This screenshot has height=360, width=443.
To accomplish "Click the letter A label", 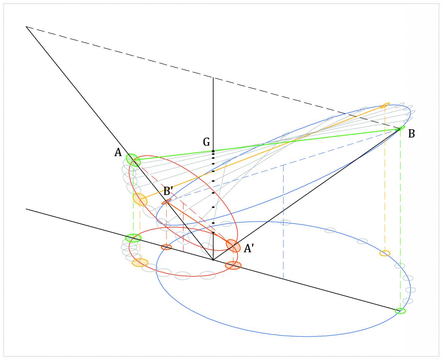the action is [118, 152].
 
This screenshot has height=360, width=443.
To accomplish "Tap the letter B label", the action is [411, 134].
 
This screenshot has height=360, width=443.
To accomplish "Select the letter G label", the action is [206, 142].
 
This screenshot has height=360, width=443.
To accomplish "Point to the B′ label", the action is [168, 192].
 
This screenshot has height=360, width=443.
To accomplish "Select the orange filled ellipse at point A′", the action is [233, 246].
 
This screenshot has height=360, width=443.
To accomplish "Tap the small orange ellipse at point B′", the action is [166, 202].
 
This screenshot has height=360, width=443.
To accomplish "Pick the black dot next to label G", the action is [213, 151].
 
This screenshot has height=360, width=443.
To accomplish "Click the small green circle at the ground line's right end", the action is [400, 311].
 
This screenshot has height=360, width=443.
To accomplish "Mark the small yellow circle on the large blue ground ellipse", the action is [385, 253].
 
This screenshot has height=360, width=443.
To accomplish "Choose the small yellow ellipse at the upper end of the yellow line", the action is [385, 105].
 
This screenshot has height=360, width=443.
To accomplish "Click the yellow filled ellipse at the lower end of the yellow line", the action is [140, 199].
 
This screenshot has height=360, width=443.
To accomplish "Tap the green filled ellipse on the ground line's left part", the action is [133, 238].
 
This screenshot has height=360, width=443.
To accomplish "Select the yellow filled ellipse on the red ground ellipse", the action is [140, 263].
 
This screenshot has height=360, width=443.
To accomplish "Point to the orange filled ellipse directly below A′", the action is [233, 265].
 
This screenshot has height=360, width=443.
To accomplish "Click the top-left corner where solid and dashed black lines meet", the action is [26, 27].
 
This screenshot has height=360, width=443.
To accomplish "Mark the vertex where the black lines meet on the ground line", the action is [213, 260].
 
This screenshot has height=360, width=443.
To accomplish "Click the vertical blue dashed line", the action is [283, 221].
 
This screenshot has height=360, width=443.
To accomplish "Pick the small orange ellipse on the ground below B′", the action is [166, 247].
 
